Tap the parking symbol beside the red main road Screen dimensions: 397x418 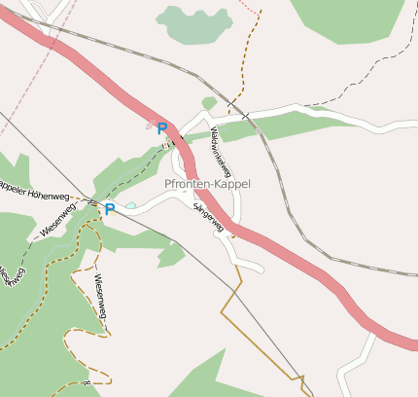[162, 128]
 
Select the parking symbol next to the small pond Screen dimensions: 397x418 [110, 208]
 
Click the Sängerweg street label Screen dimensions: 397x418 [209, 217]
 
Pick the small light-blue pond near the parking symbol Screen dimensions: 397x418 [130, 205]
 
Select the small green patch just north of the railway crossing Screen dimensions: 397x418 [209, 102]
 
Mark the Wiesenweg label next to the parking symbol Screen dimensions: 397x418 [57, 222]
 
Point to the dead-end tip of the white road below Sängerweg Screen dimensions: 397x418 [260, 268]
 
